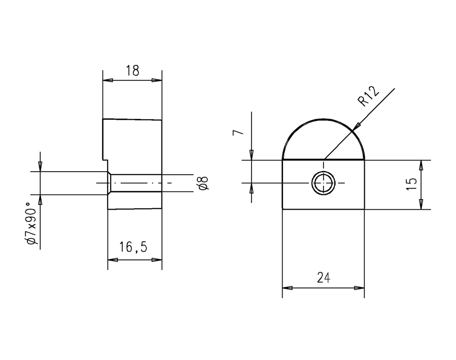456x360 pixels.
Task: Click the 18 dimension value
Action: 132,71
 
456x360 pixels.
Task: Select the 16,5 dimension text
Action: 133,247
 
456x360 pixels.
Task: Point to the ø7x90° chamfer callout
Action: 31,223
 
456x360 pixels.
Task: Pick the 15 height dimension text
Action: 412,183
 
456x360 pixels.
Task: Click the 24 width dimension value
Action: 323,277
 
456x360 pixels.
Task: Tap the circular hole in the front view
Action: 323,183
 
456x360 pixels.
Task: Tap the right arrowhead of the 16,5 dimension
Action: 157,259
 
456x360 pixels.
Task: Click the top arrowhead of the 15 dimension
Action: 420,165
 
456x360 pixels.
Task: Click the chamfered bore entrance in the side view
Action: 110,183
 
